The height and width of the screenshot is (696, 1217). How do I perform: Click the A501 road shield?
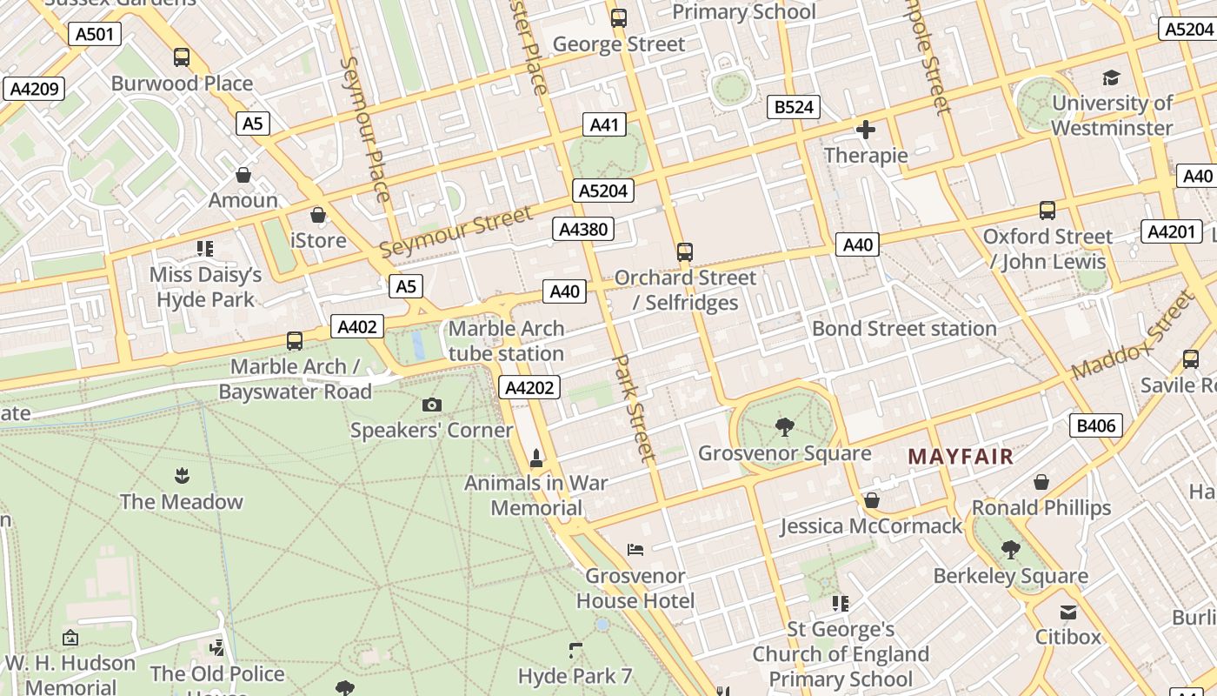click(x=94, y=34)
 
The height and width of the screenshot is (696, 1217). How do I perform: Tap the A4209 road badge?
click(x=34, y=88)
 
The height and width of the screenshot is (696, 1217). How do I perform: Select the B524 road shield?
click(x=794, y=107)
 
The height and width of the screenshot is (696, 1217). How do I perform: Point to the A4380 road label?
click(x=583, y=230)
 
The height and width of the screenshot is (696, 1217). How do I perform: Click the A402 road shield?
click(x=357, y=327)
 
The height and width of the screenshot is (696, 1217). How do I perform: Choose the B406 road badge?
click(x=1095, y=425)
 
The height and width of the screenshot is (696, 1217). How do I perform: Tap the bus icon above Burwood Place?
click(x=182, y=57)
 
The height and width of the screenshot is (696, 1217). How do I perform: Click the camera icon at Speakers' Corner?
click(x=431, y=405)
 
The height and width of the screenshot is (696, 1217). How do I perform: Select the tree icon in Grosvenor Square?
click(x=784, y=427)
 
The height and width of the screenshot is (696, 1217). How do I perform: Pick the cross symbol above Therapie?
click(x=866, y=130)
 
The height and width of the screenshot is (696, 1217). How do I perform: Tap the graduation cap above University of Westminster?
click(x=1111, y=78)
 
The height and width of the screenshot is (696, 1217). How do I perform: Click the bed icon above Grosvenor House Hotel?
click(x=635, y=550)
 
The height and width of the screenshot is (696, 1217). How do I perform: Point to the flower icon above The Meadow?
click(x=182, y=475)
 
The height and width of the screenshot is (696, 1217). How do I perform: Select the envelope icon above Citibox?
click(x=1068, y=612)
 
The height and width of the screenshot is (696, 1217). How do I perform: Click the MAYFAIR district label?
click(x=961, y=457)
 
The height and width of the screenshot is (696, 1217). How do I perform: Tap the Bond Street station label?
click(x=904, y=329)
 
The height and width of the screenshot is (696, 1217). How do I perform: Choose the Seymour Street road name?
click(x=456, y=232)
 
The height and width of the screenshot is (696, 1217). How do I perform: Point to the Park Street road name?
click(x=634, y=407)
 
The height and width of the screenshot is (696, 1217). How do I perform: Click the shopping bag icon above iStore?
click(x=318, y=215)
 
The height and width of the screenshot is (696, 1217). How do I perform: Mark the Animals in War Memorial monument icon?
click(x=536, y=458)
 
